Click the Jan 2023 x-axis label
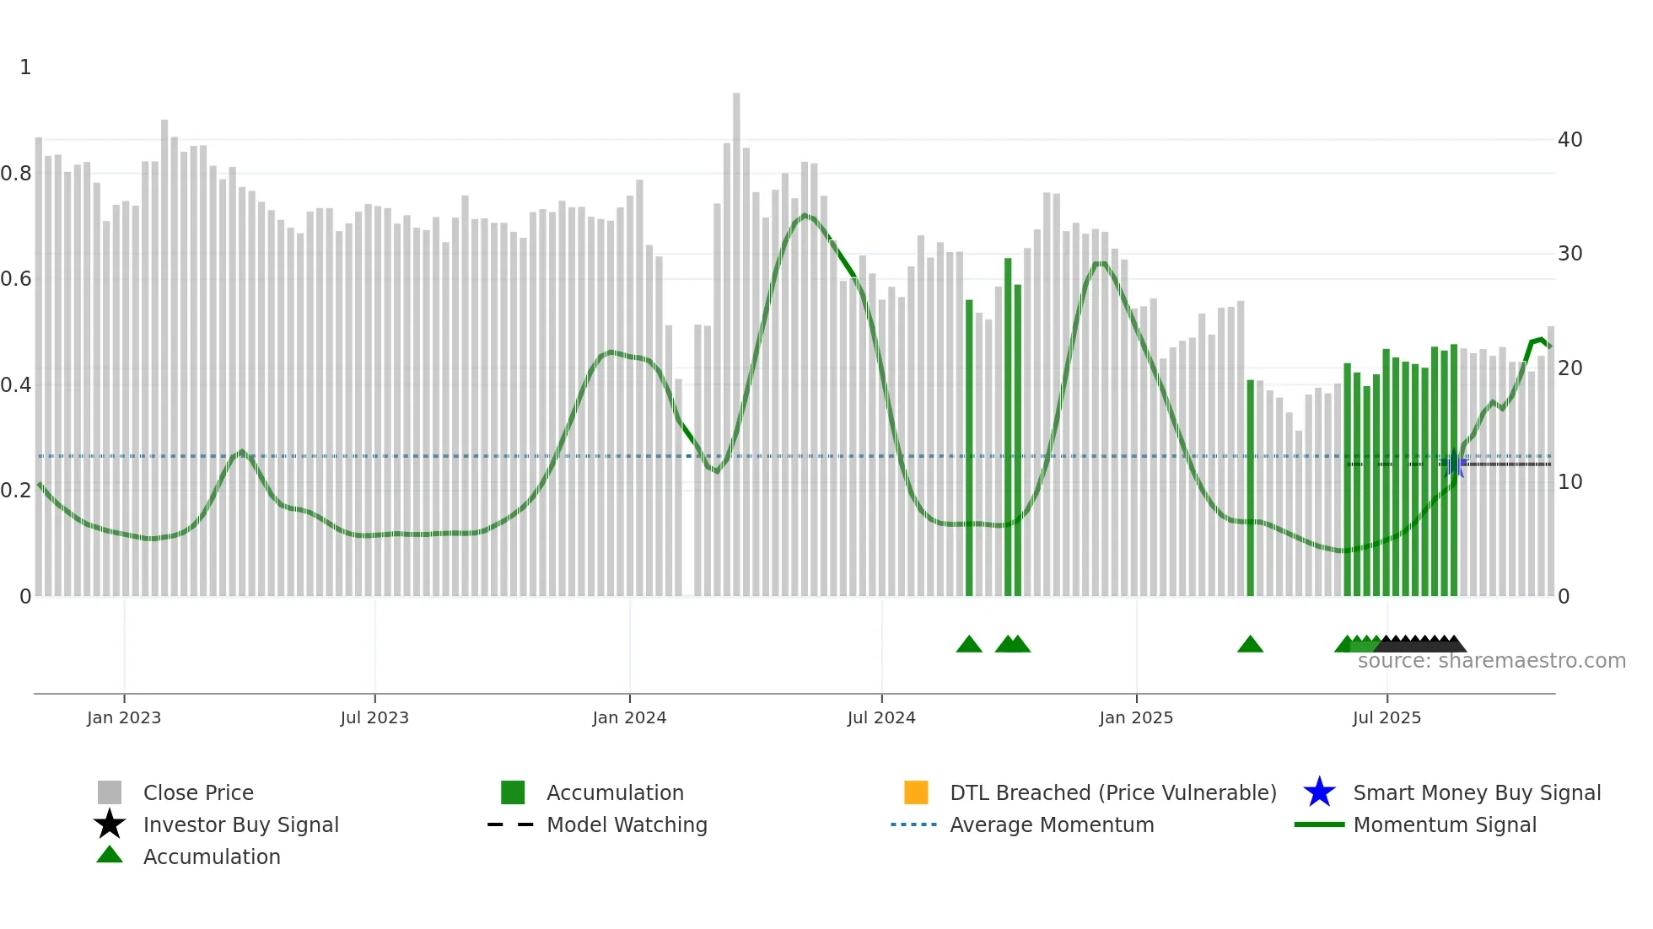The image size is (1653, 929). pyautogui.click(x=123, y=717)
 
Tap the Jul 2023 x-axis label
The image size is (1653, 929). pyautogui.click(x=374, y=717)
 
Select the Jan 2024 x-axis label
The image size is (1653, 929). pyautogui.click(x=629, y=717)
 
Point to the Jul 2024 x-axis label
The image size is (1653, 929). pyautogui.click(x=881, y=717)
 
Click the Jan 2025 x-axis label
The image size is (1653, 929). pyautogui.click(x=1136, y=717)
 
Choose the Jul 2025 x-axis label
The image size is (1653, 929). pyautogui.click(x=1386, y=717)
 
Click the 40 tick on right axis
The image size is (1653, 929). pyautogui.click(x=1570, y=140)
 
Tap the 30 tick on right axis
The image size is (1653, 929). pyautogui.click(x=1570, y=254)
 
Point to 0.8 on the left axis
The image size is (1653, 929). pyautogui.click(x=16, y=174)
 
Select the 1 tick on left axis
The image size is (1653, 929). pyautogui.click(x=25, y=67)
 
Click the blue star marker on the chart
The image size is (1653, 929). pyautogui.click(x=1453, y=464)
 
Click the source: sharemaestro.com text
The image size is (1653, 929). pyautogui.click(x=1491, y=661)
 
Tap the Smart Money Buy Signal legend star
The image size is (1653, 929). pyautogui.click(x=1319, y=792)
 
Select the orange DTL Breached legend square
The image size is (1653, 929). pyautogui.click(x=916, y=792)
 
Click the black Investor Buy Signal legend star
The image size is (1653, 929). pyautogui.click(x=110, y=824)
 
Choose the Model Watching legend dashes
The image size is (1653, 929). pyautogui.click(x=511, y=824)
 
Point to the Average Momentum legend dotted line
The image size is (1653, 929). pyautogui.click(x=914, y=824)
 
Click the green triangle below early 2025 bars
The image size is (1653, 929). pyautogui.click(x=1250, y=645)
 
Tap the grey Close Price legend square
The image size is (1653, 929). pyautogui.click(x=110, y=792)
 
